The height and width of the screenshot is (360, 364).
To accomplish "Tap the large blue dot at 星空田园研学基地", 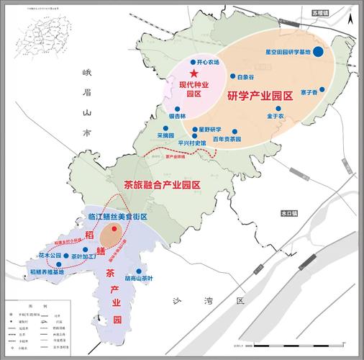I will pos(318,51).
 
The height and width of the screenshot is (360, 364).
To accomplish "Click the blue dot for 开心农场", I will pos(192,62).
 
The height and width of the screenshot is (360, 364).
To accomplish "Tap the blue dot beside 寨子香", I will pos(322,90).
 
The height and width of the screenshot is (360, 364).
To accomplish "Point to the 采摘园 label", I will pos(166,135).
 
